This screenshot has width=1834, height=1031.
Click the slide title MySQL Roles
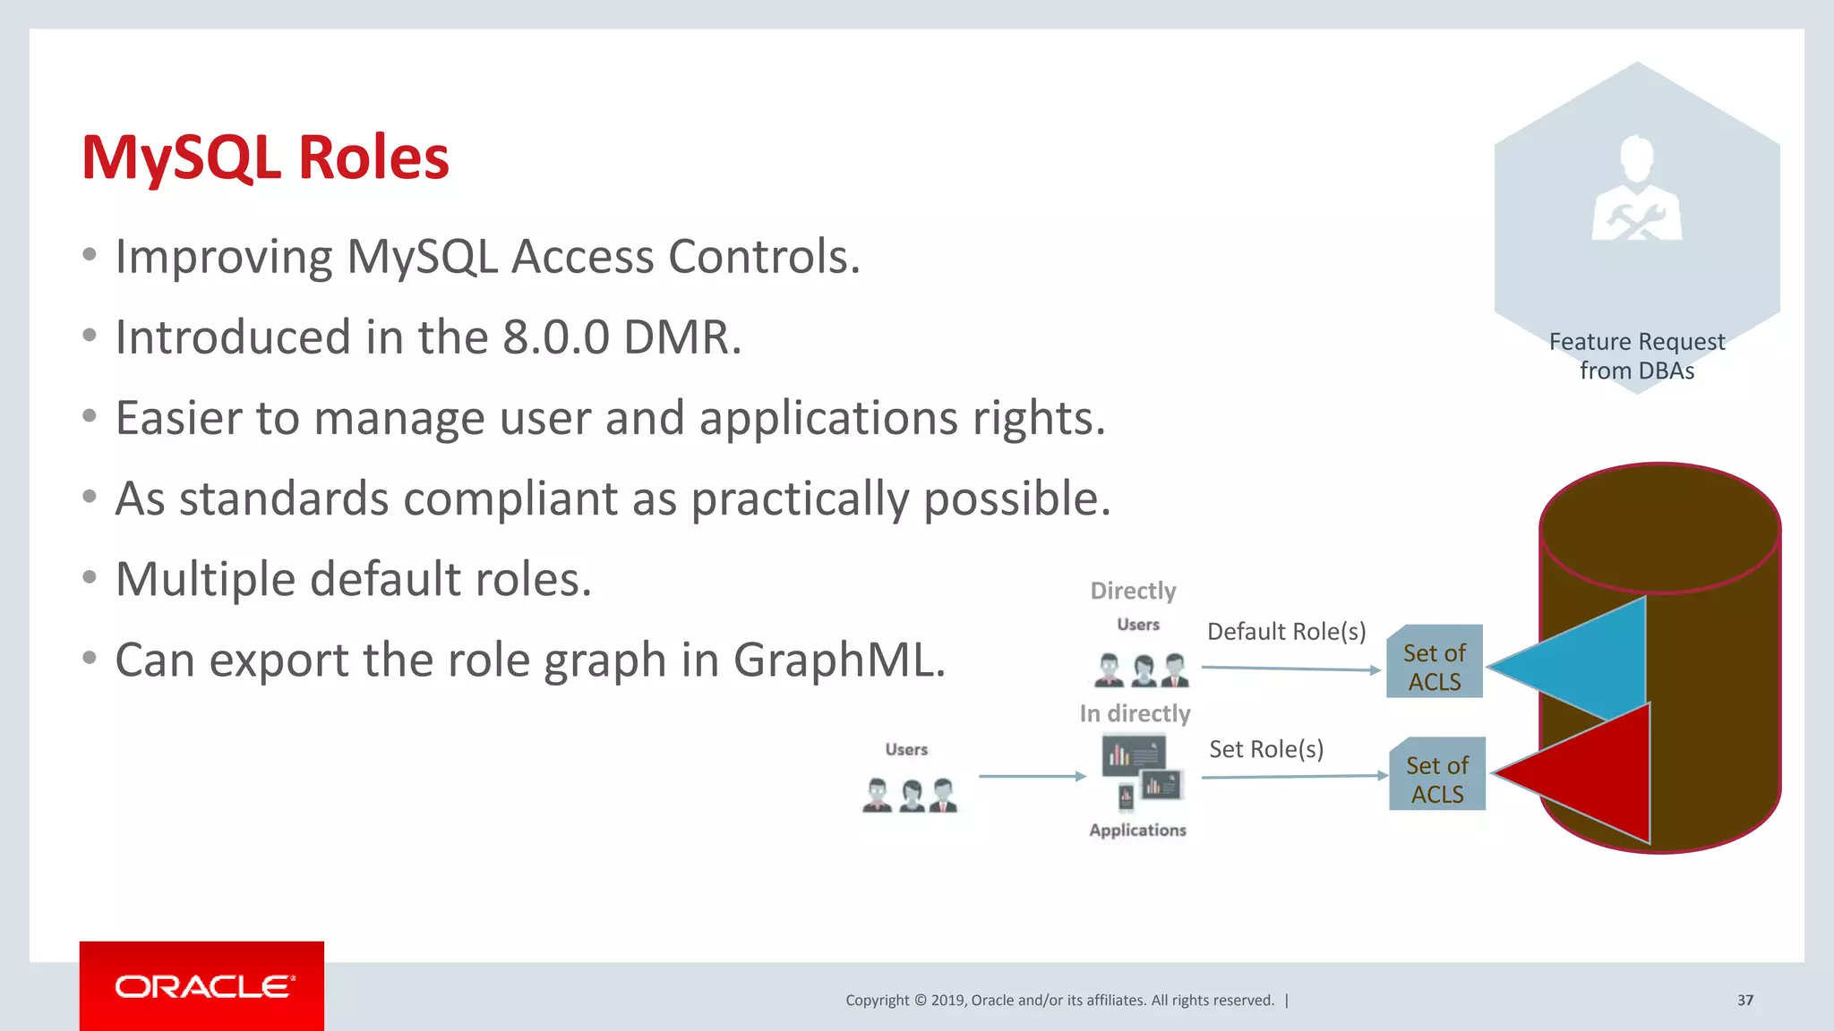pos(265,158)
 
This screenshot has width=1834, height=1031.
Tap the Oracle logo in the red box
pos(202,986)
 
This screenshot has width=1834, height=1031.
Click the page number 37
pos(1744,1001)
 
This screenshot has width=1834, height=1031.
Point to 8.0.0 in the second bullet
pos(555,338)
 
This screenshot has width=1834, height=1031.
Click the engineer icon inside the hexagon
pos(1636,190)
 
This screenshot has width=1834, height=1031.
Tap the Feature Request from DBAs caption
pos(1636,356)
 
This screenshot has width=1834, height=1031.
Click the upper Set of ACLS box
pos(1434,662)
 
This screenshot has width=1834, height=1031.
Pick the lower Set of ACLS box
pos(1436,775)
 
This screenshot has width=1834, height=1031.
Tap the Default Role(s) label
pos(1286,632)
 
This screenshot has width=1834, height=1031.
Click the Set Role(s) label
pos(1265,749)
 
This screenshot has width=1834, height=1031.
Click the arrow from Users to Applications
pos(1032,776)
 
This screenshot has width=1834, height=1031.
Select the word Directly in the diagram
pos(1133,591)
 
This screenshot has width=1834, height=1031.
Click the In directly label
pos(1135,713)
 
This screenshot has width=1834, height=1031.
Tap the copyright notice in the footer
pos(1059,1001)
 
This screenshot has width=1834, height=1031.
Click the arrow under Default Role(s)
pos(1290,669)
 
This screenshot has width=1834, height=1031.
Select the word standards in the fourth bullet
pos(284,499)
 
